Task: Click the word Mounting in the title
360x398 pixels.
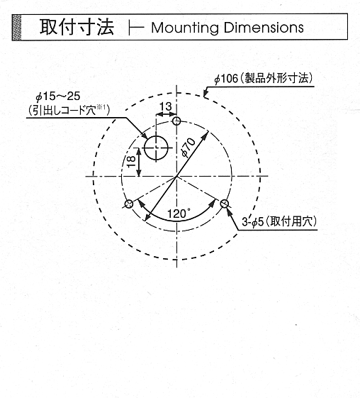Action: click(x=185, y=28)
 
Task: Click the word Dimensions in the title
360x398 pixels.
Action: click(x=264, y=28)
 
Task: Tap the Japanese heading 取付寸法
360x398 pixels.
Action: click(x=77, y=27)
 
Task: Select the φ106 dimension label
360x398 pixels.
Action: click(x=226, y=79)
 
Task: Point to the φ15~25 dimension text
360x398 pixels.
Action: click(x=58, y=96)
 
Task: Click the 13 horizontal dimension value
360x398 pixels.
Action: click(x=167, y=106)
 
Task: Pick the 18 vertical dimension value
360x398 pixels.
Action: click(x=131, y=162)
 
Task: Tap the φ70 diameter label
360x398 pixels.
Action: click(x=188, y=148)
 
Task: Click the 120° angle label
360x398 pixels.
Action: click(x=179, y=214)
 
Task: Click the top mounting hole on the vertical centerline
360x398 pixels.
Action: click(x=176, y=121)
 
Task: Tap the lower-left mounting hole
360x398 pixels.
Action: click(x=129, y=204)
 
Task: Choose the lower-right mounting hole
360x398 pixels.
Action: click(x=225, y=204)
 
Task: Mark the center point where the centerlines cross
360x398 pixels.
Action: click(x=176, y=176)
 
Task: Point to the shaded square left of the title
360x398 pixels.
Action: click(x=16, y=27)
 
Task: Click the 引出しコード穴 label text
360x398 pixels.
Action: click(x=64, y=111)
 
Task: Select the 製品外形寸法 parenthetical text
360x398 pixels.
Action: click(x=277, y=79)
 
